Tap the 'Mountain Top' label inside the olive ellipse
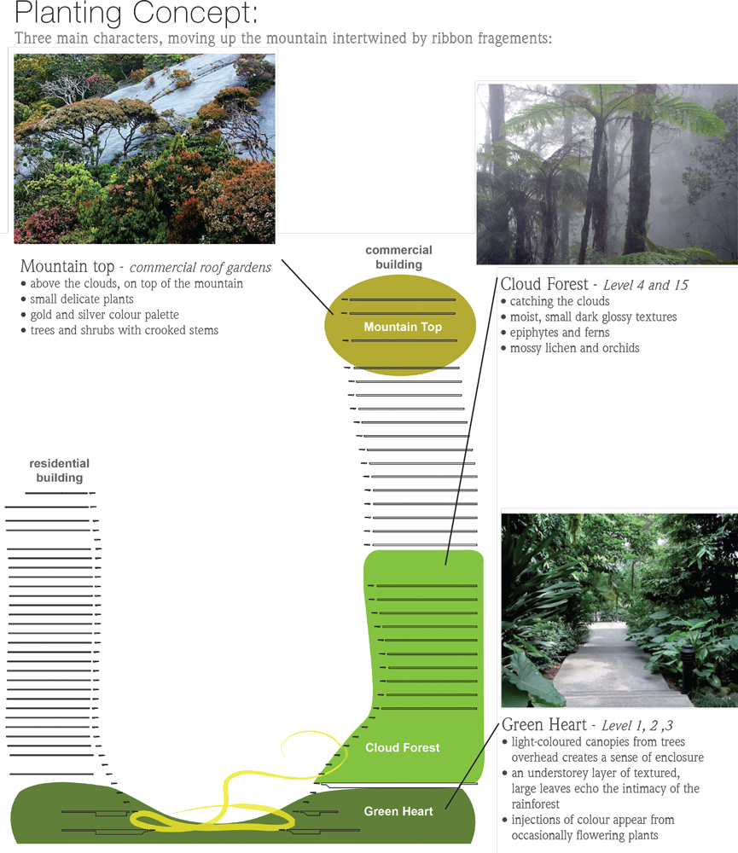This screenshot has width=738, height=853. pyautogui.click(x=402, y=327)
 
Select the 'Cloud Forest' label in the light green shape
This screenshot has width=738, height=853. pyautogui.click(x=402, y=747)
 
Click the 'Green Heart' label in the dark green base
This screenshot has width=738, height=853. pyautogui.click(x=398, y=811)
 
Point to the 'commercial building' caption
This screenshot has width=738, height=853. pyautogui.click(x=398, y=257)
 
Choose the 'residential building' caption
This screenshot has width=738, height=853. pyautogui.click(x=59, y=471)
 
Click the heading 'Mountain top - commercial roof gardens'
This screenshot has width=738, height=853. pyautogui.click(x=145, y=267)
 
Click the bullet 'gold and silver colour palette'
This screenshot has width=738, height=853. pyautogui.click(x=104, y=315)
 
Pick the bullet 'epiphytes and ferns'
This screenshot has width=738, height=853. pyautogui.click(x=559, y=333)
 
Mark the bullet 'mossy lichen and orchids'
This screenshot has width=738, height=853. pyautogui.click(x=573, y=348)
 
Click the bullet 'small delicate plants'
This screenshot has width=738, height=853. pyautogui.click(x=81, y=299)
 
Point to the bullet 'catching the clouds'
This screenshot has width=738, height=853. pyautogui.click(x=559, y=301)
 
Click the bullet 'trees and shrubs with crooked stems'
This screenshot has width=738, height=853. pyautogui.click(x=124, y=330)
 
